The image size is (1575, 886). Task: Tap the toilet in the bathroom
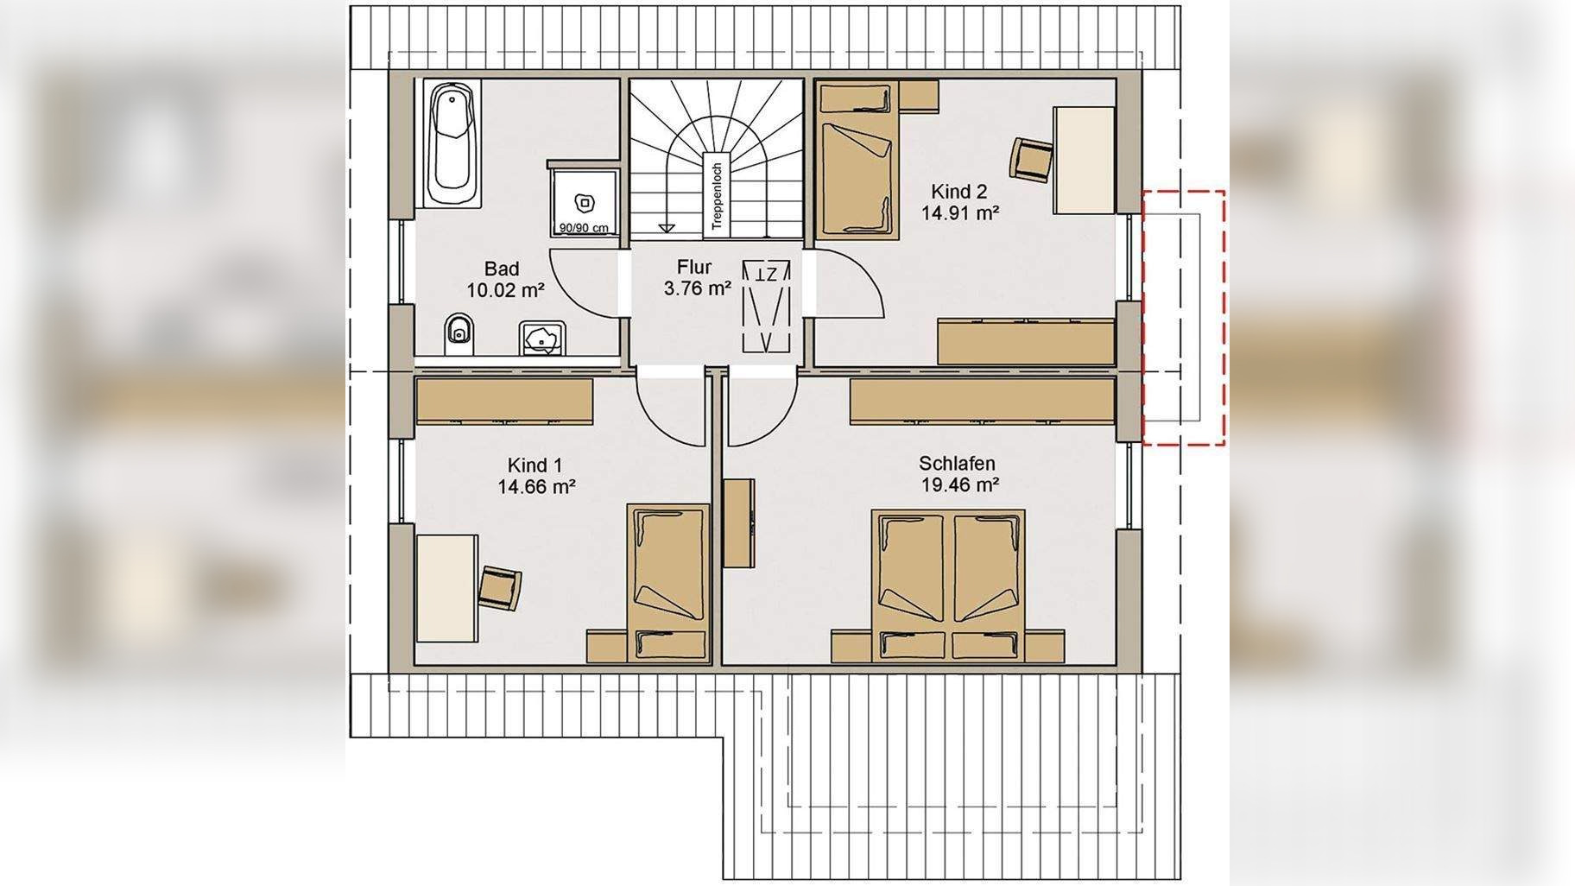click(459, 335)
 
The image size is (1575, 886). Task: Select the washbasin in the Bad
click(542, 338)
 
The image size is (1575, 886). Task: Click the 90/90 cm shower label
click(583, 229)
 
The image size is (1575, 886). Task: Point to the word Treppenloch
click(716, 197)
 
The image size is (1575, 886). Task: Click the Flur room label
click(694, 268)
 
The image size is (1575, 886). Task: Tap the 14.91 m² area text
click(960, 212)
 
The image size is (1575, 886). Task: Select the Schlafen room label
click(957, 465)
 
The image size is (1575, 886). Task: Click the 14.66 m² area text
click(536, 487)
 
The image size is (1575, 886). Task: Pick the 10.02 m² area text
click(505, 291)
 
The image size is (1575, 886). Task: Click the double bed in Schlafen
click(948, 585)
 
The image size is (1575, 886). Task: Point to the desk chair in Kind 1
click(501, 588)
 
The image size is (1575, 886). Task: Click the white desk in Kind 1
click(447, 588)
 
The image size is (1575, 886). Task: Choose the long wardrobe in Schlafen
click(982, 402)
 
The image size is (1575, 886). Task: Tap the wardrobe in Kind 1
click(504, 402)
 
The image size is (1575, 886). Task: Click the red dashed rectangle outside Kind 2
click(1184, 318)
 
